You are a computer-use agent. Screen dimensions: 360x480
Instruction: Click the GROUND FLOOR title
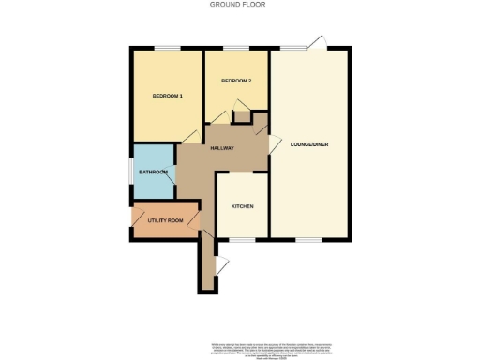click(x=239, y=5)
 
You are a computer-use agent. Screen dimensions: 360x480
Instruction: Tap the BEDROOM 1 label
click(x=167, y=97)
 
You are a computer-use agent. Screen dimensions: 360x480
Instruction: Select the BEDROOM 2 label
click(x=236, y=82)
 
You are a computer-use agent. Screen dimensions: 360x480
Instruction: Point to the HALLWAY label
click(x=221, y=148)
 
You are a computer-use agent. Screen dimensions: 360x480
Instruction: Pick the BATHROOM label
click(x=153, y=172)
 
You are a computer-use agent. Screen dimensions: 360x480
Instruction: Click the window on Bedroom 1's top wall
click(x=167, y=48)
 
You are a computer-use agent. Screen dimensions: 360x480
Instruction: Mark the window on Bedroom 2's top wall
click(x=235, y=48)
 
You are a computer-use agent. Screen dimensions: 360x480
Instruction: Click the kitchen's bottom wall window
click(x=243, y=239)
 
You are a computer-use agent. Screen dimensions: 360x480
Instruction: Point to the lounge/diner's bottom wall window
click(x=308, y=239)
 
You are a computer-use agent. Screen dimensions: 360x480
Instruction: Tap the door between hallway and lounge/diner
click(x=274, y=142)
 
